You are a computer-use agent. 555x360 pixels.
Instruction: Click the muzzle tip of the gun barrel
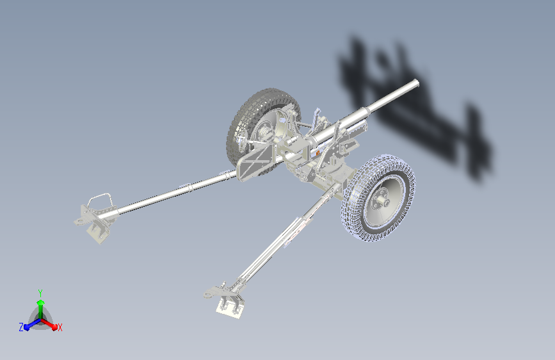coord(416,84)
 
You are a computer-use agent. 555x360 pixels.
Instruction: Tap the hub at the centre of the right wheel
coord(382,201)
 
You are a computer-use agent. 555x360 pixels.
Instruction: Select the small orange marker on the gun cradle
coord(318,153)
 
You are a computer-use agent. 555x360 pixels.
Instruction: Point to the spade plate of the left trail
coord(98,231)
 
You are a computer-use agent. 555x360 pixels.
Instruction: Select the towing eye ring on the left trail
coord(79,222)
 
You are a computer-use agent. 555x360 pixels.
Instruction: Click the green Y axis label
coord(40,293)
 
